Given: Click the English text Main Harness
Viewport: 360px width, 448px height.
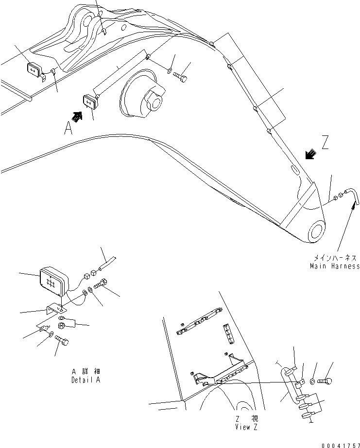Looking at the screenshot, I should [335, 266].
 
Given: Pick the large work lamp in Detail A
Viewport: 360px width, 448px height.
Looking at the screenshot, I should [54, 282].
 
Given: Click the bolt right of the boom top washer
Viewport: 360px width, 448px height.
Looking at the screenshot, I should [182, 77].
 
